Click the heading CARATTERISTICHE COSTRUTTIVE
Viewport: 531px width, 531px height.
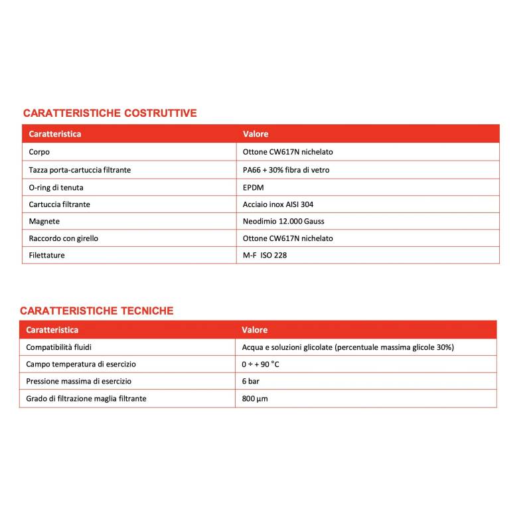point(110,113)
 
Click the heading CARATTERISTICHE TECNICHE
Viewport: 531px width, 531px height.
point(97,311)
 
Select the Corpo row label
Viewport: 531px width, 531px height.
point(39,152)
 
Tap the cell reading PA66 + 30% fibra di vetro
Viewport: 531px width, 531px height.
point(286,170)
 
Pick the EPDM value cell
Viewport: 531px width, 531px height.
point(254,187)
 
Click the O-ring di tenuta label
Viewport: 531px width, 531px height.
point(56,187)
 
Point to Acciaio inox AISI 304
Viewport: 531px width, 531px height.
point(278,204)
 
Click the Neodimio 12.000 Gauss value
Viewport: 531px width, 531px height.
point(283,221)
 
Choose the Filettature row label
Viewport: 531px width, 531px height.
point(47,255)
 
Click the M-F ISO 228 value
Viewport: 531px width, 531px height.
point(265,255)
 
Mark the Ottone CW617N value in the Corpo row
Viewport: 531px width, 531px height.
point(288,152)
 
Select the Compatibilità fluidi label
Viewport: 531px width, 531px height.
point(64,347)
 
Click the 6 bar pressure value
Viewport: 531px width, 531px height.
point(250,381)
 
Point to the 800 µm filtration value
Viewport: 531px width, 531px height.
point(255,398)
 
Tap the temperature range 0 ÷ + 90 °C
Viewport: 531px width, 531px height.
point(260,364)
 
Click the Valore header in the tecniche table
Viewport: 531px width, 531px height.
point(254,330)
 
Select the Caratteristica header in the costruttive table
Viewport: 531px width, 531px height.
point(55,134)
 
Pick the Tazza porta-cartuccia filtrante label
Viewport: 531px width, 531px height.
point(80,170)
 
